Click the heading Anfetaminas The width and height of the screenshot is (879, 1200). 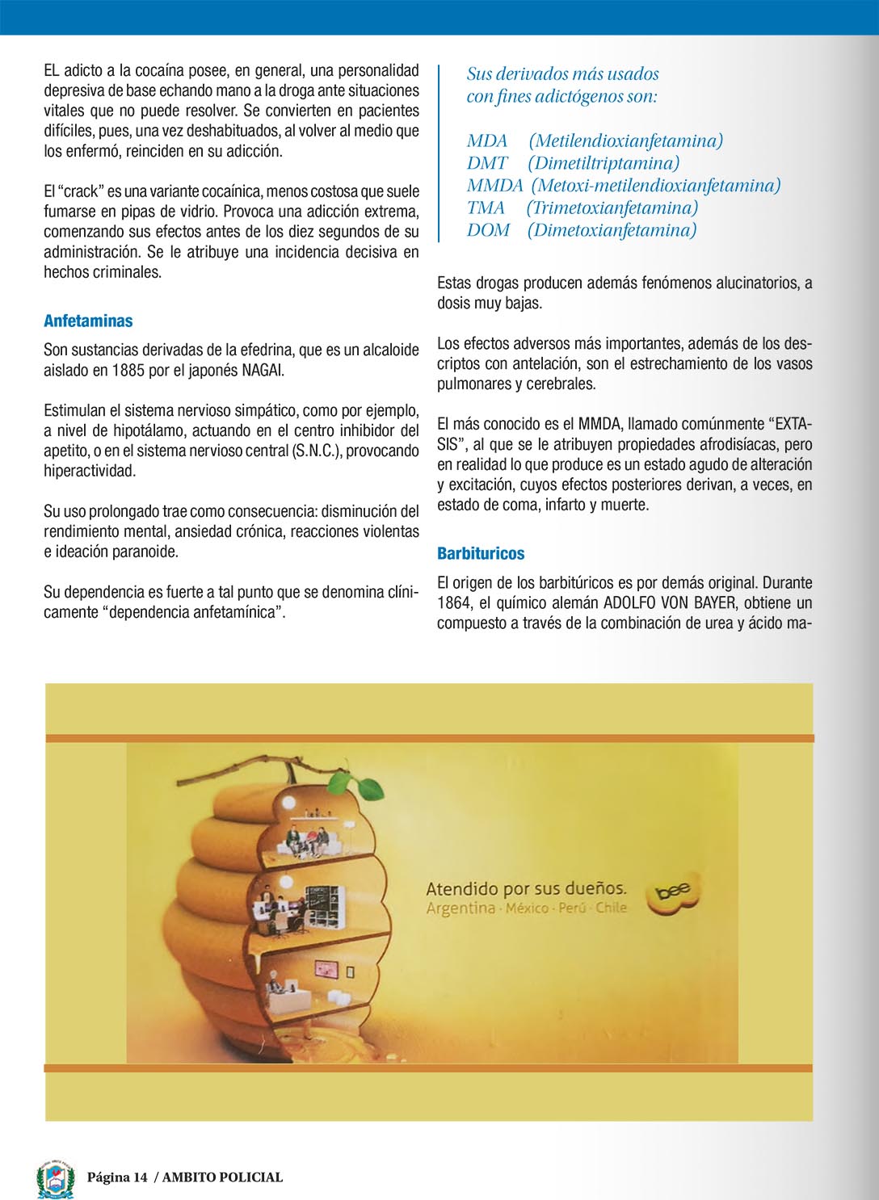pos(88,321)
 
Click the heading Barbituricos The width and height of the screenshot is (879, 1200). pos(481,553)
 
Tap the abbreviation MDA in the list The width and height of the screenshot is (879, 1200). pos(487,141)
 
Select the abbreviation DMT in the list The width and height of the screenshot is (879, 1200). pos(487,163)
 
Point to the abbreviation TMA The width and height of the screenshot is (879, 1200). pos(486,208)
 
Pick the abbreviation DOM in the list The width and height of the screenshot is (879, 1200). pos(488,230)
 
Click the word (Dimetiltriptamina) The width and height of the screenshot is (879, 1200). pos(604,163)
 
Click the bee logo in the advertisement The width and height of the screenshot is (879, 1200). pos(672,894)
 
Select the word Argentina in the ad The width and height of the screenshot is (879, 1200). pos(461,908)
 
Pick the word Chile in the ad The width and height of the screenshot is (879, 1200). pos(611,908)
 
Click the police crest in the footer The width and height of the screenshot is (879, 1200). pos(56,1178)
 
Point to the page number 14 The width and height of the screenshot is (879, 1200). pos(141,1177)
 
